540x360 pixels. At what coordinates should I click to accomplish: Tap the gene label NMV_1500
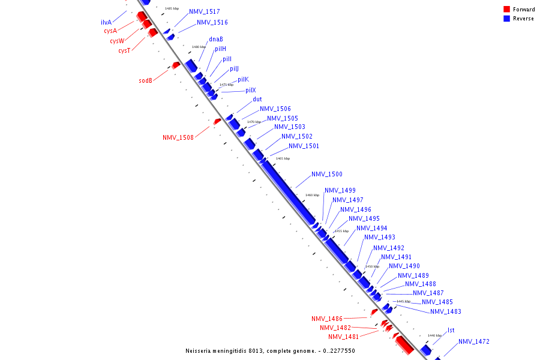coord(327,175)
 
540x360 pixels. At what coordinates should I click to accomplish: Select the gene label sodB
coord(146,80)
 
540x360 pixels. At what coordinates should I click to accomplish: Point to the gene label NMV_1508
coord(178,137)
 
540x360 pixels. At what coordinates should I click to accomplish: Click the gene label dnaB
coord(216,40)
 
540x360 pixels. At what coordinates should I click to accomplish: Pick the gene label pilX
coord(251,91)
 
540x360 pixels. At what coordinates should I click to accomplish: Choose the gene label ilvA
coord(106,22)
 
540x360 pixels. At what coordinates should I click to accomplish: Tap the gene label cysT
coord(124,51)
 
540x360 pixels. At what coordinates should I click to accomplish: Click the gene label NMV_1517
coord(205,12)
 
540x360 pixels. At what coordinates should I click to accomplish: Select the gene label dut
coord(257,100)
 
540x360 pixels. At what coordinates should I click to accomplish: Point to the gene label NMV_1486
coord(327,319)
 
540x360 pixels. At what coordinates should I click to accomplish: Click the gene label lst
coord(451,331)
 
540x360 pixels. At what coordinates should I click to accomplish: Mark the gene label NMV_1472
coord(474,342)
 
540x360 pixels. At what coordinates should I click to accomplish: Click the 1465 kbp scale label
coord(283,158)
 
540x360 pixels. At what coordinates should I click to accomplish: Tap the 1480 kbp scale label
coord(199,47)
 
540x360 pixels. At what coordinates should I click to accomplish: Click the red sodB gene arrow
coord(176,65)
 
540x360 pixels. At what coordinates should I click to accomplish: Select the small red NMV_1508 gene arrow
coord(217,121)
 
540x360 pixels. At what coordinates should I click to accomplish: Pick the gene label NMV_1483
coord(446,311)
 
